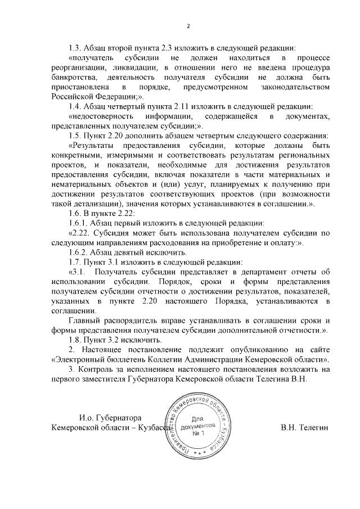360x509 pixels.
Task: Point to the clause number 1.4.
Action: (75, 107)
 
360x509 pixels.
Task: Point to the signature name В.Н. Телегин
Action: (304, 428)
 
